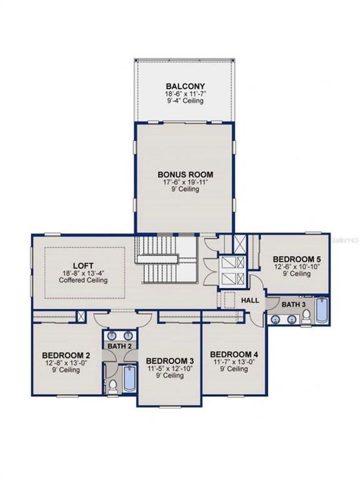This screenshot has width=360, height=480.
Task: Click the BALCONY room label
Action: tap(185, 86)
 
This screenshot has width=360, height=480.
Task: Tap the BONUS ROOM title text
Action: tap(185, 175)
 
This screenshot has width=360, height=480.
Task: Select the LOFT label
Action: tap(83, 265)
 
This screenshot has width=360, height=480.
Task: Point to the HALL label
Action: tap(250, 301)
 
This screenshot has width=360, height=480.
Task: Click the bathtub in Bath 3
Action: tap(322, 310)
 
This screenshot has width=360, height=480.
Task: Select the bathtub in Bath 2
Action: tap(129, 378)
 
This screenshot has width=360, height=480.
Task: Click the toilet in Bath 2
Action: tap(113, 386)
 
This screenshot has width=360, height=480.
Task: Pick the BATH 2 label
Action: tap(119, 346)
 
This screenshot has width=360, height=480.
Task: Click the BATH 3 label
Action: tap(293, 305)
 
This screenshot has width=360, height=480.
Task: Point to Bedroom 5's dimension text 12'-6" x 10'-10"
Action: tap(296, 267)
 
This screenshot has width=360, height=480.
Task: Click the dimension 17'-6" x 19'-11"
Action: tap(185, 182)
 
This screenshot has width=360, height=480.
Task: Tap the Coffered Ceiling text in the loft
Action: tap(83, 280)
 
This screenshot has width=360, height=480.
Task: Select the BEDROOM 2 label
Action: tap(66, 355)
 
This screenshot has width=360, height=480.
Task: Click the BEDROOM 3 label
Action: tap(170, 361)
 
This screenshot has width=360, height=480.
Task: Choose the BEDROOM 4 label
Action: tap(234, 355)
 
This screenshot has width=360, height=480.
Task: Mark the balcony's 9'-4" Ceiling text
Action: tap(185, 101)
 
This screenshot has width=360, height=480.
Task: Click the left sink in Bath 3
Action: tap(277, 319)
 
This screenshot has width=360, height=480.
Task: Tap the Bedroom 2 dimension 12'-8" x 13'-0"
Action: tap(66, 363)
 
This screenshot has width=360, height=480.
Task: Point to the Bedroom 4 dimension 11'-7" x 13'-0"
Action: tap(234, 362)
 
